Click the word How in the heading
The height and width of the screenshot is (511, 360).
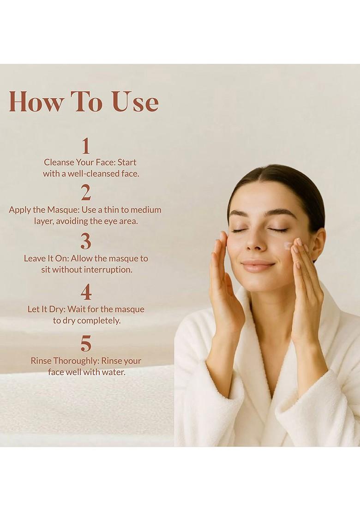(36, 102)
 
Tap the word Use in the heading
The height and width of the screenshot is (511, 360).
(136, 102)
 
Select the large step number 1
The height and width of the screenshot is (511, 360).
(85, 146)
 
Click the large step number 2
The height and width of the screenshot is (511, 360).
(85, 193)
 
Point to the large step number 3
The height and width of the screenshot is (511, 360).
(85, 241)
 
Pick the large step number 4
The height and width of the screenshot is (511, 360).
(85, 291)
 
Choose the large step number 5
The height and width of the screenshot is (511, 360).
(85, 344)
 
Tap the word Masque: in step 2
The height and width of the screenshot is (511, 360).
(63, 210)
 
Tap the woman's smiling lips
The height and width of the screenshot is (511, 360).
(258, 266)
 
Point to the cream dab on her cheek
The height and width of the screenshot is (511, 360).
(288, 245)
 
